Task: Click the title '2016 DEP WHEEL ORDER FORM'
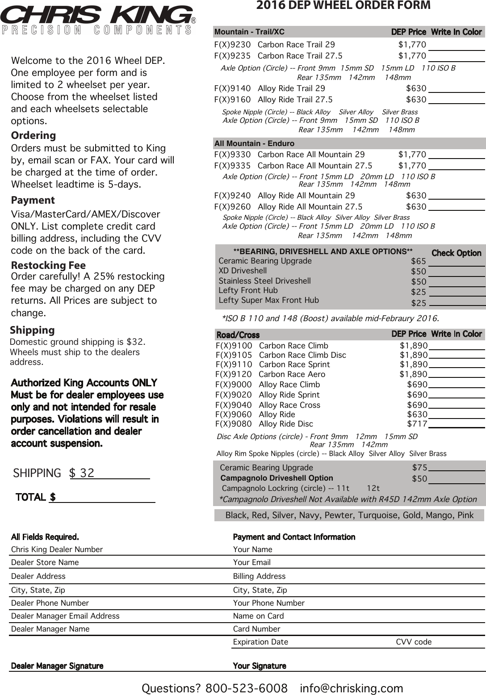coord(343,5)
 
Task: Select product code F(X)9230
coord(232,45)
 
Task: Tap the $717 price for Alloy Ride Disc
coord(417,424)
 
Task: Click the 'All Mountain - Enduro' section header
coord(254,143)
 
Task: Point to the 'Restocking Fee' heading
coord(48,265)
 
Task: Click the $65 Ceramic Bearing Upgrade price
coord(418,261)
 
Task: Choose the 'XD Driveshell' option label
coord(243,271)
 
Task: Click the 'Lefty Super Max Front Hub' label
coord(268,300)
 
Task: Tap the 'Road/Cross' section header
coord(238,335)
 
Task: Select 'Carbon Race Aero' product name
coord(292,374)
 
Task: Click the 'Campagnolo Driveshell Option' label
coord(277,478)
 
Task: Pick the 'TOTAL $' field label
coord(35,497)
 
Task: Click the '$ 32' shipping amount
coord(82,473)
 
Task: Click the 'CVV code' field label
coord(414,642)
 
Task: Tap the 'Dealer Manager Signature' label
coord(57,666)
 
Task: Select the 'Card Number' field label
coord(256,629)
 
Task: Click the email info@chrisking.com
coord(351,688)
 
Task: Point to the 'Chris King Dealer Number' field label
coord(57,549)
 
